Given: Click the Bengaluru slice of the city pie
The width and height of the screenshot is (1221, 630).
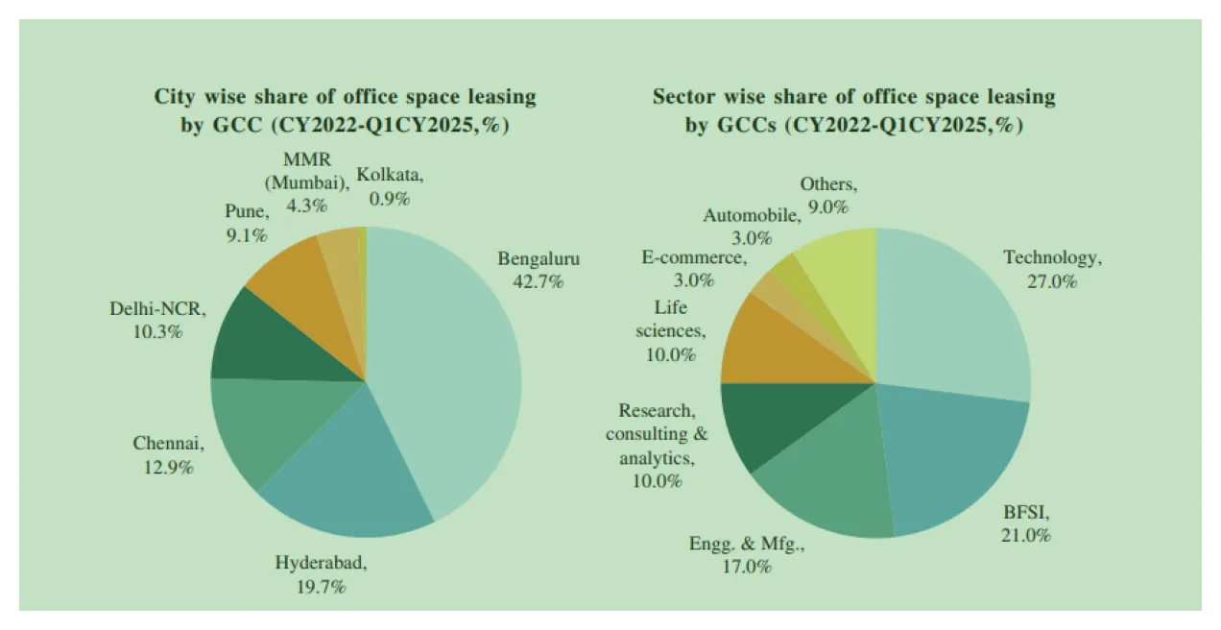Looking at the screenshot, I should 451,365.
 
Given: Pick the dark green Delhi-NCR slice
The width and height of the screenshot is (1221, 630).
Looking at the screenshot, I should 278,341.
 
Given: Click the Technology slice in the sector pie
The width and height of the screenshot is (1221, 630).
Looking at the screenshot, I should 950,317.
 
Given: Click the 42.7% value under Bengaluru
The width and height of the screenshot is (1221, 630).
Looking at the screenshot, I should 539,282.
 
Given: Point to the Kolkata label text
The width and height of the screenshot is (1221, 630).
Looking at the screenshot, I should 389,174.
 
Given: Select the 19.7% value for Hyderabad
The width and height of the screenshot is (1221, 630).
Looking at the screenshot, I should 322,587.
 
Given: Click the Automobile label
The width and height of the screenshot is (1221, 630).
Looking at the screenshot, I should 751,215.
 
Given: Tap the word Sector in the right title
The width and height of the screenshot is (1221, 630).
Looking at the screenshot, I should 683,97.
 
